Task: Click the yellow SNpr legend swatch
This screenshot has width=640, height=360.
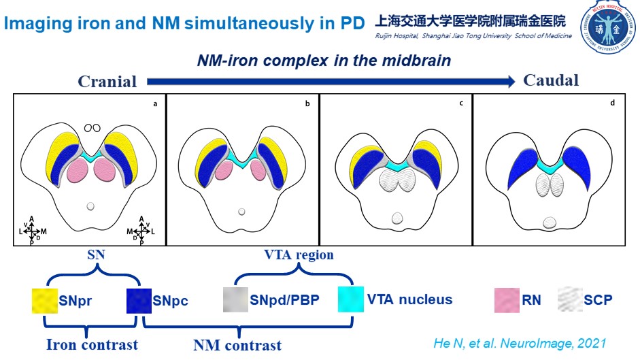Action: [x=45, y=300]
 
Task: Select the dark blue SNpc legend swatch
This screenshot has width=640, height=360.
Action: [x=139, y=300]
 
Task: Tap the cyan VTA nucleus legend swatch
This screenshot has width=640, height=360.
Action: [x=350, y=299]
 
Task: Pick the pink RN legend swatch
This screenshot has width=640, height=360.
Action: [x=506, y=299]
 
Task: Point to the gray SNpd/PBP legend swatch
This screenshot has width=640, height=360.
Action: [x=235, y=300]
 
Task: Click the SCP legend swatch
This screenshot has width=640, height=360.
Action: [x=570, y=299]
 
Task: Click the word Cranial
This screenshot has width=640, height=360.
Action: [x=107, y=82]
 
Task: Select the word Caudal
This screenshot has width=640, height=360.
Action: [x=551, y=80]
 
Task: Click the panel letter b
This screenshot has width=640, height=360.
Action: [x=307, y=104]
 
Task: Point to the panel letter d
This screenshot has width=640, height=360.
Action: [x=612, y=103]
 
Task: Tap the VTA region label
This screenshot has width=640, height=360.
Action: [x=299, y=255]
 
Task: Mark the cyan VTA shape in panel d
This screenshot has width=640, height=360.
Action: [x=549, y=165]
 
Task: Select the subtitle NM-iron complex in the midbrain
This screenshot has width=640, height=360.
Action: [x=324, y=61]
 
